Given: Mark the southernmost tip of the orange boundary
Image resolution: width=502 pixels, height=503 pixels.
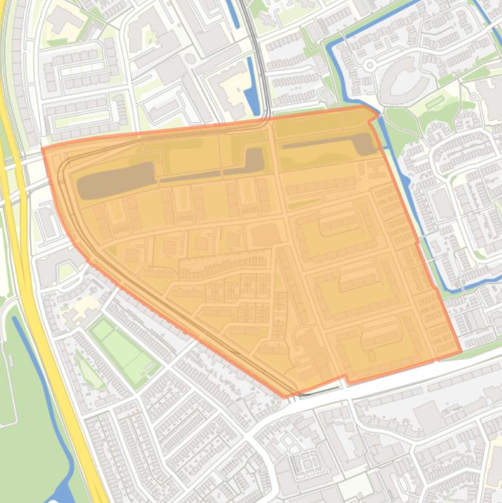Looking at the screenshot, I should point(285,397).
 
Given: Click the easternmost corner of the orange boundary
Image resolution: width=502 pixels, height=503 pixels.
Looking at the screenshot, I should point(461,351).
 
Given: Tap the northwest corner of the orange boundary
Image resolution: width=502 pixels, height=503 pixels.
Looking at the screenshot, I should point(43,149).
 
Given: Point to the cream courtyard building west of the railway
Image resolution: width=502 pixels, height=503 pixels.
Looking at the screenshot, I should point(225,82).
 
